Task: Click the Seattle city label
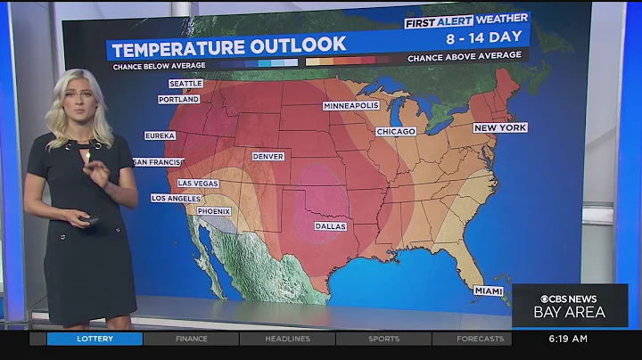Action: click(185, 84)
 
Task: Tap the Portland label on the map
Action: click(179, 100)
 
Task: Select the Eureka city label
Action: click(160, 136)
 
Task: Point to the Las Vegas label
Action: click(198, 183)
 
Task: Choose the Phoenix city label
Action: click(214, 211)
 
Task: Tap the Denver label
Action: click(267, 156)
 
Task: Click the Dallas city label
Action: click(330, 226)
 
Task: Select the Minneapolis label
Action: click(351, 105)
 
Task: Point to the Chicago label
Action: click(396, 132)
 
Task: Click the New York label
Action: click(499, 128)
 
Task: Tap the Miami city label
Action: click(488, 291)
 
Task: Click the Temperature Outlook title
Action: click(228, 45)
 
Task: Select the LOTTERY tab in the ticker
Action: click(95, 339)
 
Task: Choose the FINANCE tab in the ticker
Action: click(191, 339)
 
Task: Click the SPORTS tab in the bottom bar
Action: click(383, 339)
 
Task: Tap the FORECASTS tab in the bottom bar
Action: click(480, 339)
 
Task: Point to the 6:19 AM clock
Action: click(568, 339)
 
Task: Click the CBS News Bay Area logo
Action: click(570, 306)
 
